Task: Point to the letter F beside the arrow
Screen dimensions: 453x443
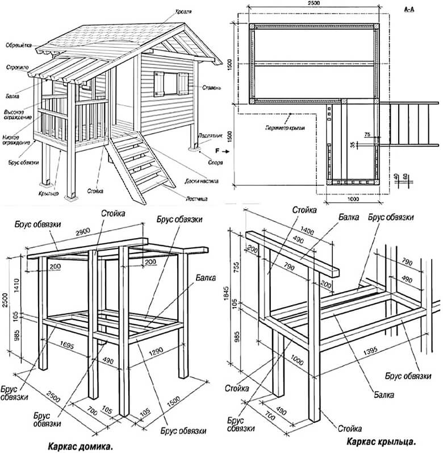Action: (218, 152)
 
